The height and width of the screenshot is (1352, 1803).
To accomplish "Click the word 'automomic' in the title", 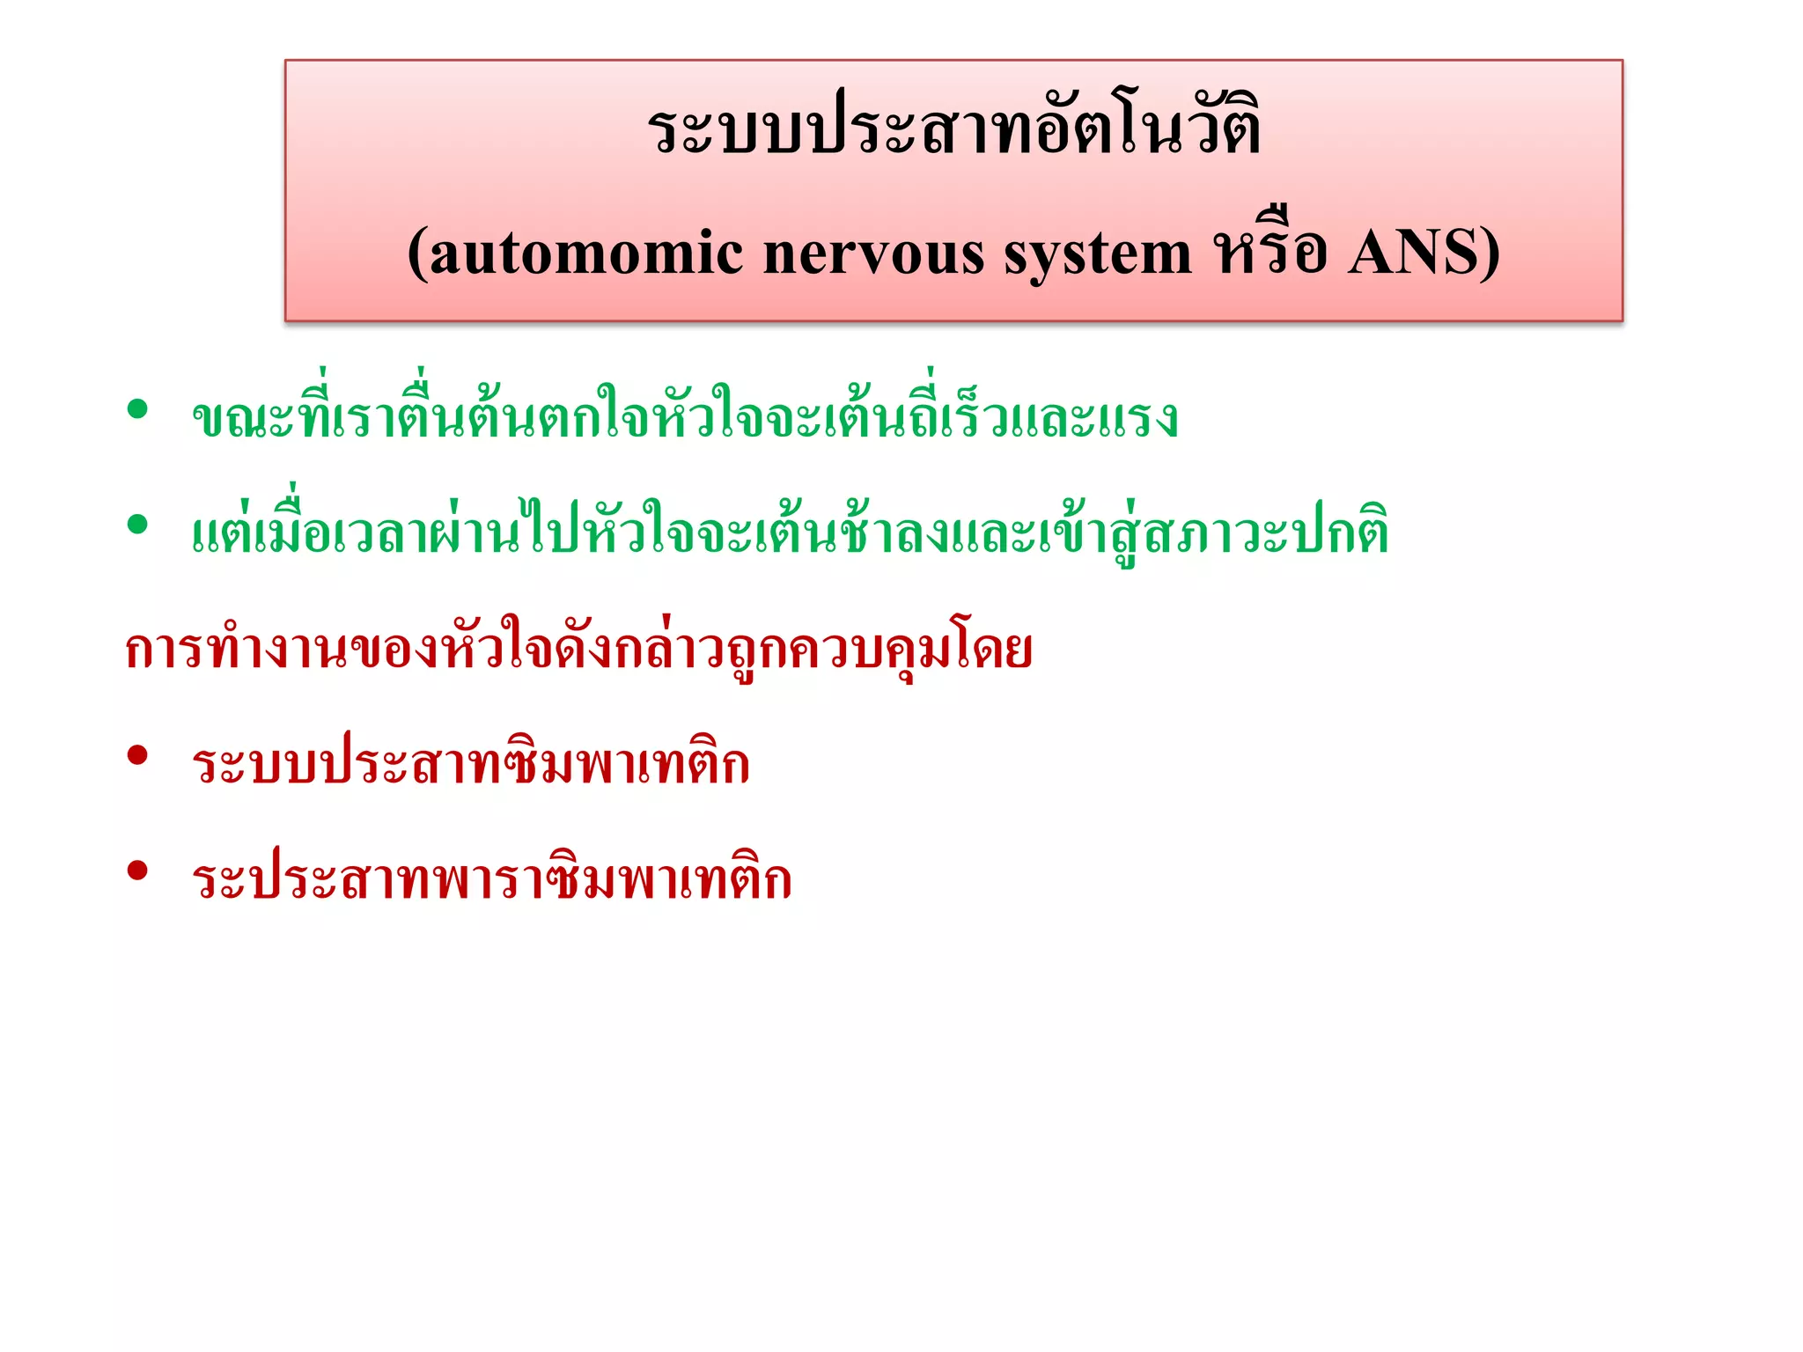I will pos(585,254).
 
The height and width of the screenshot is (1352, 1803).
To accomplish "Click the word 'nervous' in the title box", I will pos(873,254).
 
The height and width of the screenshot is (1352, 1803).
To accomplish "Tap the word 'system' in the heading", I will pos(1098,254).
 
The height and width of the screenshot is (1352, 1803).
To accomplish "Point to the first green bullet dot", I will pos(137,409).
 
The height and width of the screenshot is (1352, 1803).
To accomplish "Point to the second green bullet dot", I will pos(137,525).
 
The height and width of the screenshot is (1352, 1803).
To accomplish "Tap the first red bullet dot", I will pos(137,755).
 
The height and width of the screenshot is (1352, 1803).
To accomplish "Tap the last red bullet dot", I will pos(137,871).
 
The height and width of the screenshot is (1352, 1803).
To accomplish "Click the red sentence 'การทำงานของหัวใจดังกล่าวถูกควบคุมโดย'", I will pos(578,650).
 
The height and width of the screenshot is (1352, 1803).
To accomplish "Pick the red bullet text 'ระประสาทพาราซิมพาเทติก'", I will pos(492,878).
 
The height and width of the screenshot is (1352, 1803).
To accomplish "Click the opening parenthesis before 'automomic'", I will pos(417,254).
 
